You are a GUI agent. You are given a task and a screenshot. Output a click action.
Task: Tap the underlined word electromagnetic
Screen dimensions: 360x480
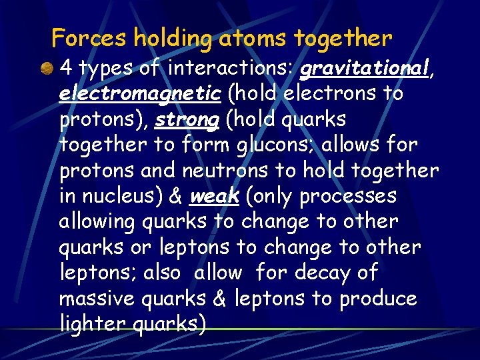point(140,94)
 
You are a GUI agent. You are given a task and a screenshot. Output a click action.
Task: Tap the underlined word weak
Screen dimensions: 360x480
point(215,197)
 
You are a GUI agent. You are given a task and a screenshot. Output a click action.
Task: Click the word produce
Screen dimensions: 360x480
point(378,299)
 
